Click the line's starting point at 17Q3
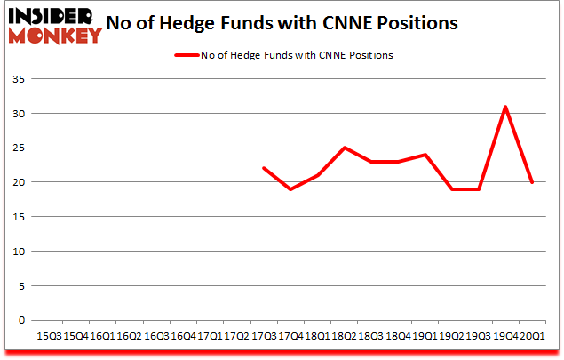(264, 168)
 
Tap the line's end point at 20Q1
(531, 182)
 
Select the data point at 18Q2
(344, 148)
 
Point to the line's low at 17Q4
(290, 189)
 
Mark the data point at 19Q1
(425, 155)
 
